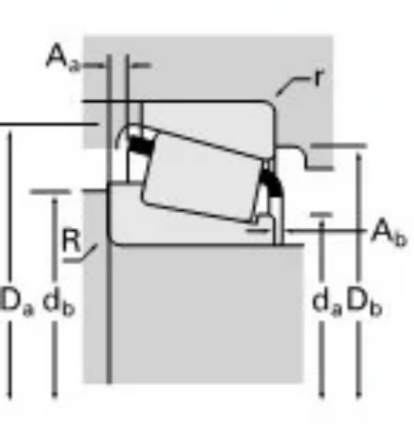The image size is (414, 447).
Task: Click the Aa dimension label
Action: click(63, 58)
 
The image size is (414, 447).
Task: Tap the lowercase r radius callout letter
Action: click(319, 77)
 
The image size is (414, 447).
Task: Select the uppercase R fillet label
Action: click(71, 241)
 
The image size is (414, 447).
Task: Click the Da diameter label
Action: click(17, 301)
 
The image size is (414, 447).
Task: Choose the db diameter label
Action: click(59, 301)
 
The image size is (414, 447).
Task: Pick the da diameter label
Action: click(327, 302)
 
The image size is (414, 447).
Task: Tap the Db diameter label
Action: click(364, 302)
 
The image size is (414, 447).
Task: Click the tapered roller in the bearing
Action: click(202, 178)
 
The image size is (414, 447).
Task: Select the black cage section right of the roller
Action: click(272, 183)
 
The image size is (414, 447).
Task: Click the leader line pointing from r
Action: click(292, 86)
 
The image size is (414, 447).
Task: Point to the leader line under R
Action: click(80, 254)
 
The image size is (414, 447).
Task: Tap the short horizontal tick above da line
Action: click(321, 215)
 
